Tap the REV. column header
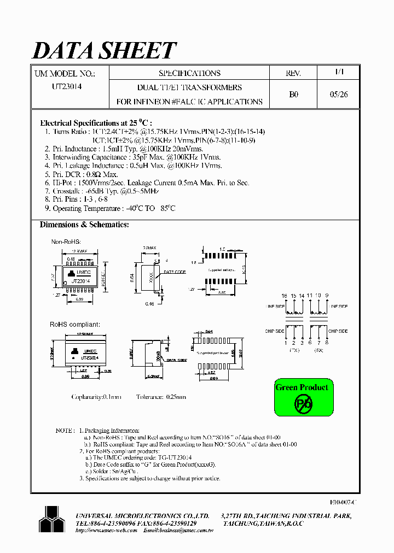tap(293, 73)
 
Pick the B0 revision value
tap(293, 94)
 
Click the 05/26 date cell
tap(339, 94)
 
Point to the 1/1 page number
tap(339, 72)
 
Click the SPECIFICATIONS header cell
tap(189, 73)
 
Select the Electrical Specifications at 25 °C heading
tap(96, 123)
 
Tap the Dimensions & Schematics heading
tap(84, 225)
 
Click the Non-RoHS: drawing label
tap(66, 242)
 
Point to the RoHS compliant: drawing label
tap(76, 325)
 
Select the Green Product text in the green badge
tap(302, 387)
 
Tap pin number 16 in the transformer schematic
tap(285, 296)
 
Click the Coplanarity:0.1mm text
tap(96, 397)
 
